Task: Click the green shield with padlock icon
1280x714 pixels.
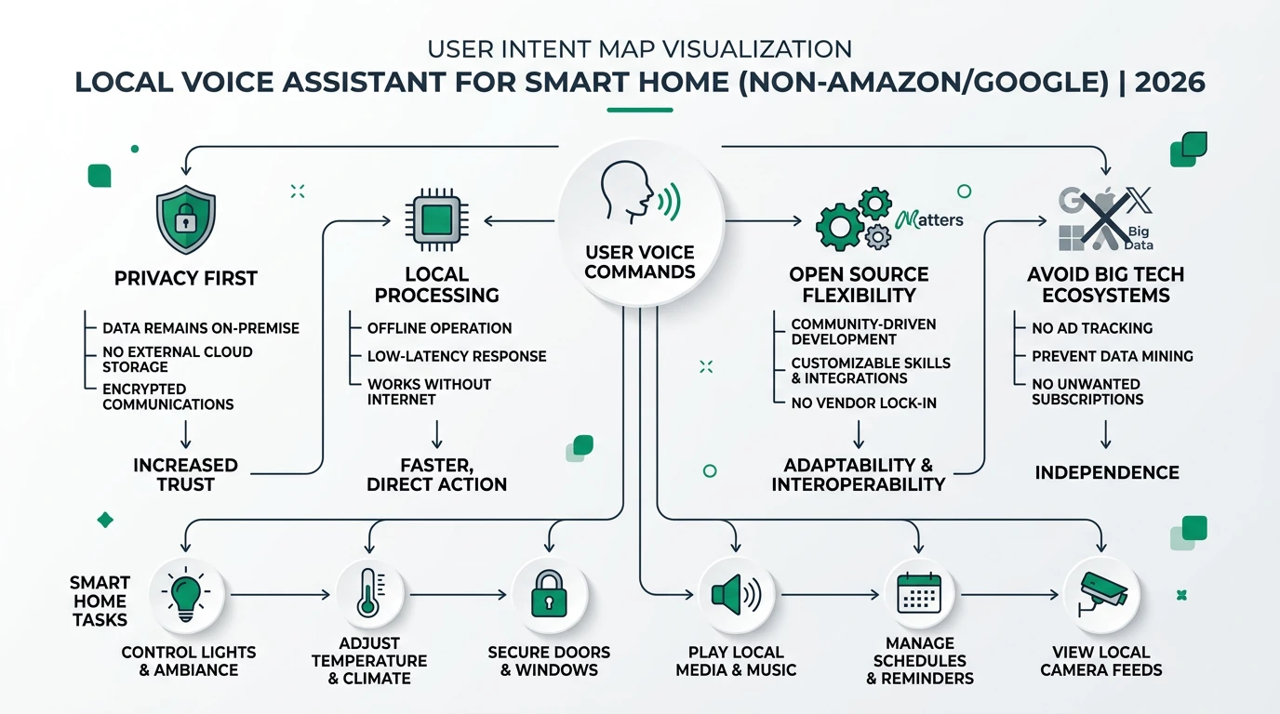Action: [186, 219]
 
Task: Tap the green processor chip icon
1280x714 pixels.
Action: [437, 221]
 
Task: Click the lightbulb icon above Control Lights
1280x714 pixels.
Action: [185, 594]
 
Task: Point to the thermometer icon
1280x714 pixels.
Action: [367, 594]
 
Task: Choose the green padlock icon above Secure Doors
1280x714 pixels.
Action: [549, 594]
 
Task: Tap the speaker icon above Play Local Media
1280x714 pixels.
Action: [736, 594]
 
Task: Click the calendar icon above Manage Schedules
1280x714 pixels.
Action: [919, 594]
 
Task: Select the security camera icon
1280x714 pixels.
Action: [1101, 594]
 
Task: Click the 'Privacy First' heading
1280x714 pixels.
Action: [186, 278]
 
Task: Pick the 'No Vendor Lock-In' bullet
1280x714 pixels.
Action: [863, 403]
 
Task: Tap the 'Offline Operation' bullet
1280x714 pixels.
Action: [439, 328]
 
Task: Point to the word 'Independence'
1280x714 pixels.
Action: [1107, 472]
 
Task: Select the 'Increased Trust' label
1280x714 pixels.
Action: [186, 474]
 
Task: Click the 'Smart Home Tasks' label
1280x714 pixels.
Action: [100, 601]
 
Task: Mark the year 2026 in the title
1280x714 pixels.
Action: [1170, 82]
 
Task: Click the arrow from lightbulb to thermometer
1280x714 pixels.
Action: [279, 594]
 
